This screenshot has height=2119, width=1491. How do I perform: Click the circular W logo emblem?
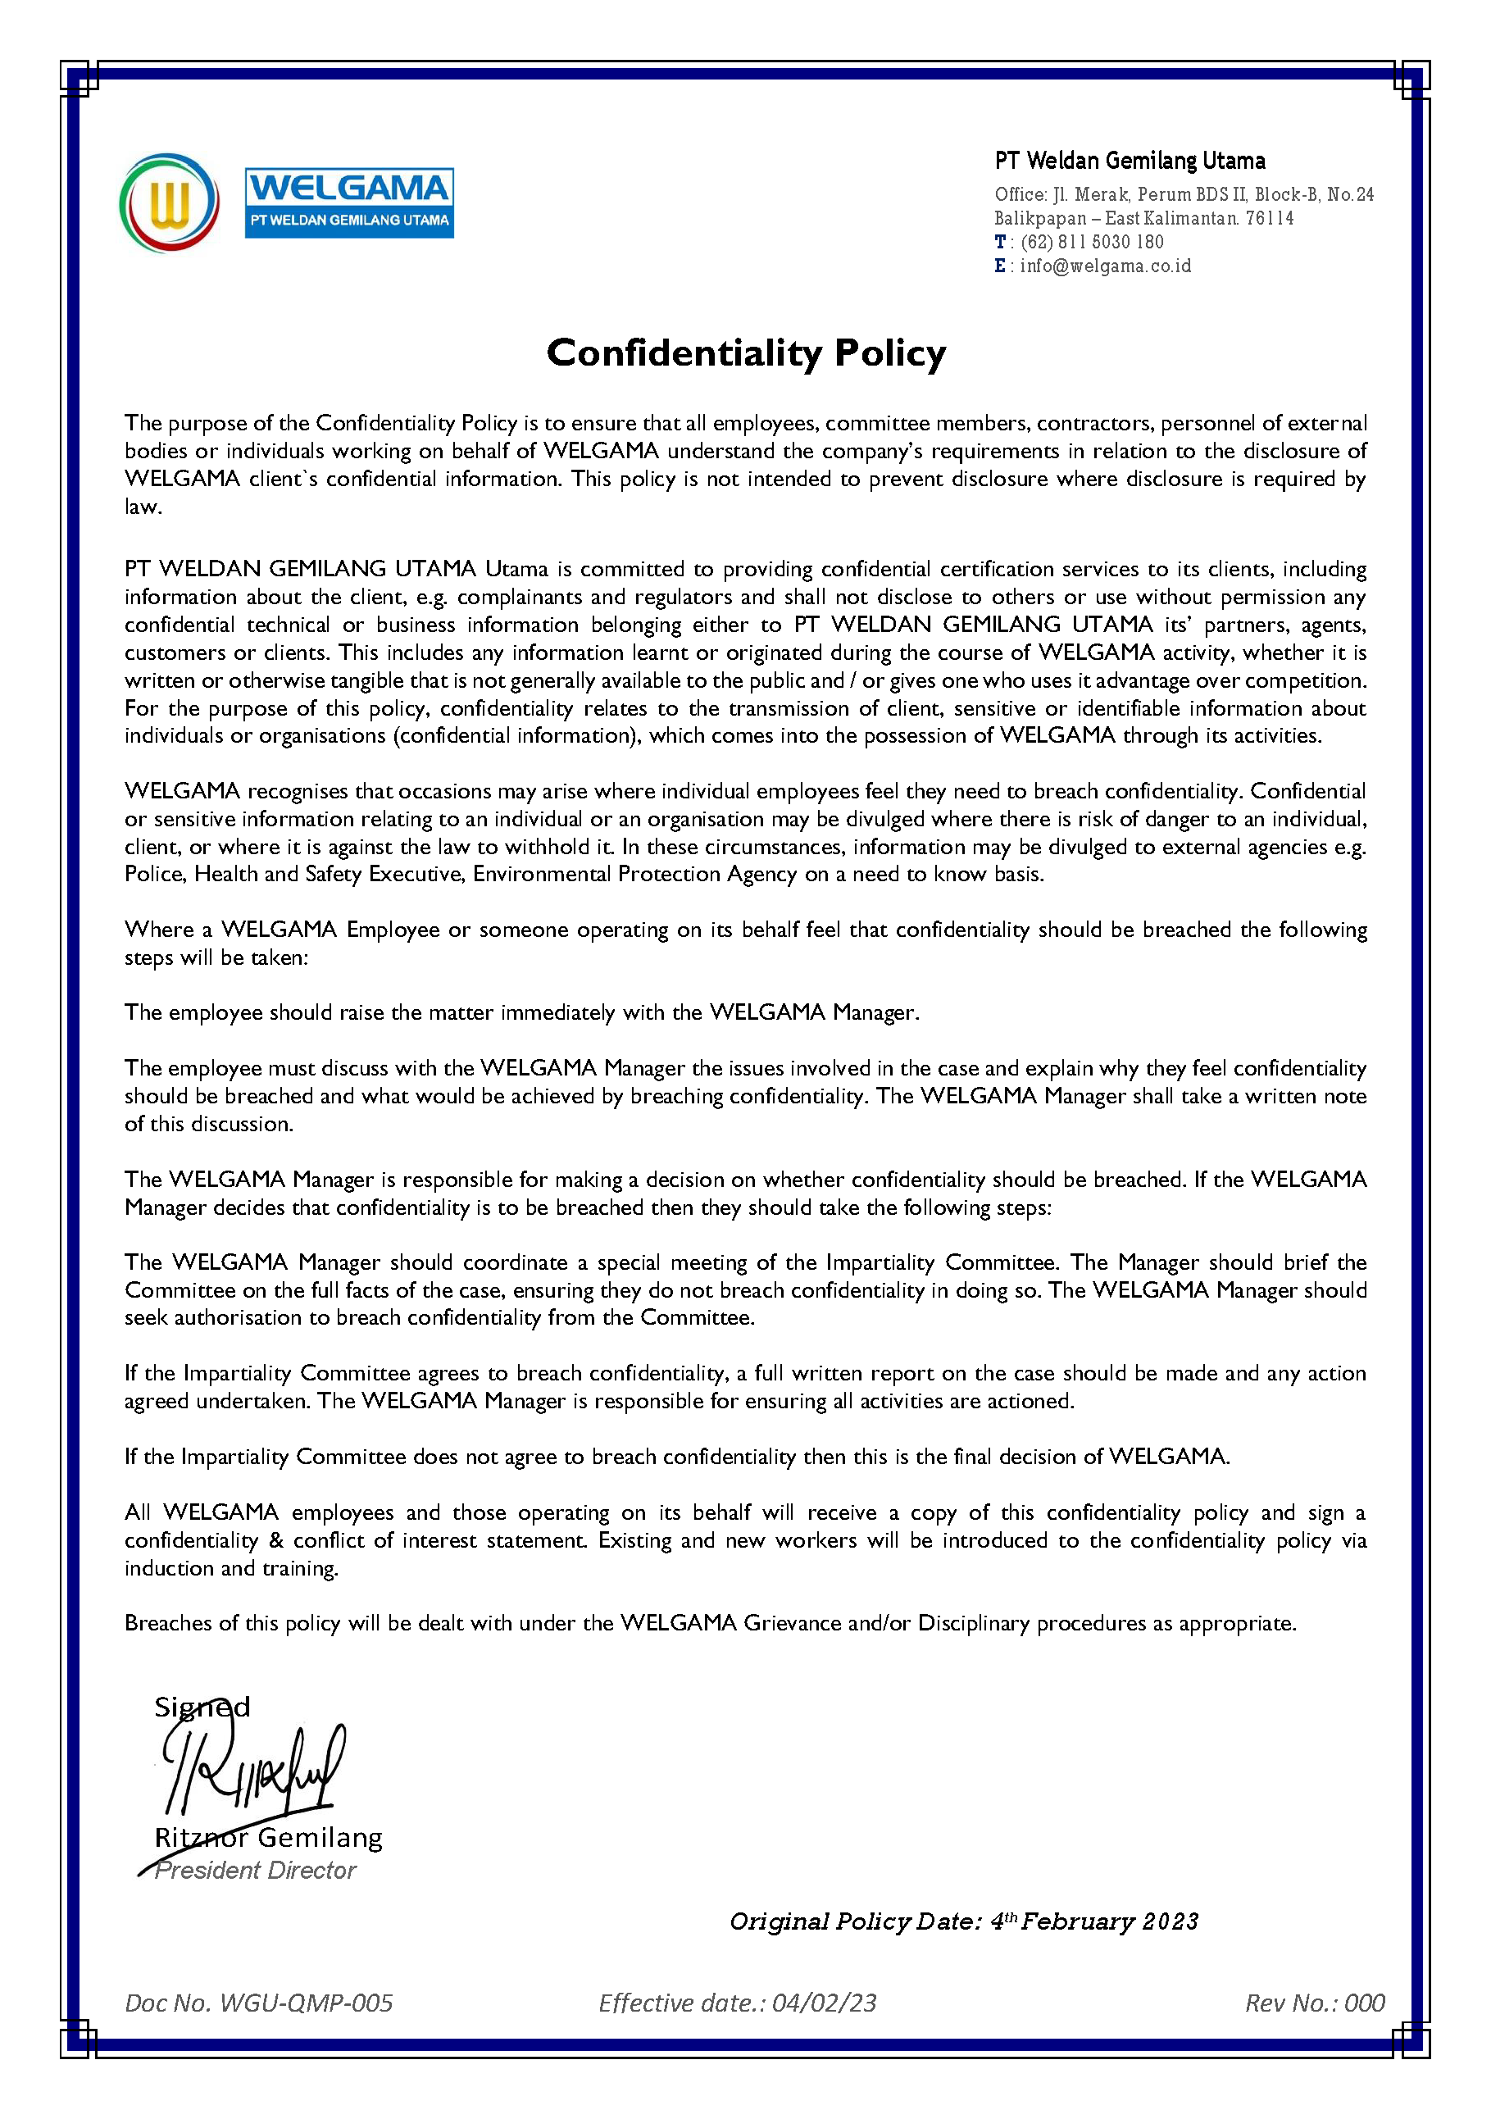(x=169, y=203)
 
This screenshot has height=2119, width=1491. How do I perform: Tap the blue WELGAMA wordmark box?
(x=348, y=203)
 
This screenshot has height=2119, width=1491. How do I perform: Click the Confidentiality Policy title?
(x=746, y=353)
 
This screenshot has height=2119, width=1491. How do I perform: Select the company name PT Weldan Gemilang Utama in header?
(x=1130, y=161)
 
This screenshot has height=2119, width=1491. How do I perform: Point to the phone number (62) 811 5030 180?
(x=1092, y=242)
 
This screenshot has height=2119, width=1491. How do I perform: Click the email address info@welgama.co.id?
(x=1105, y=266)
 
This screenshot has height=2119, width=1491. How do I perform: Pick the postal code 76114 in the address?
(x=1270, y=219)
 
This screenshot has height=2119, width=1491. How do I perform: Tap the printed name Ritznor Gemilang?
(x=267, y=1838)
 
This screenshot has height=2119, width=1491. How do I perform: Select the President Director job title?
(x=255, y=1871)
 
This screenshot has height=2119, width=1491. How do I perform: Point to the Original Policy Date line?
(x=963, y=1921)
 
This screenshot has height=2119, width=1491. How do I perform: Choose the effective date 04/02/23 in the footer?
(x=824, y=2003)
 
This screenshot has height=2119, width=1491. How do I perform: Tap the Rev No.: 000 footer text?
(x=1314, y=2003)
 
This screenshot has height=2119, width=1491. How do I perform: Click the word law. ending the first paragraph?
(x=143, y=507)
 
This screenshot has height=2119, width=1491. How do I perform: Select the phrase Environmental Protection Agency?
(x=634, y=874)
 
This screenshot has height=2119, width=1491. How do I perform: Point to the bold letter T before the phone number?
(x=1000, y=242)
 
